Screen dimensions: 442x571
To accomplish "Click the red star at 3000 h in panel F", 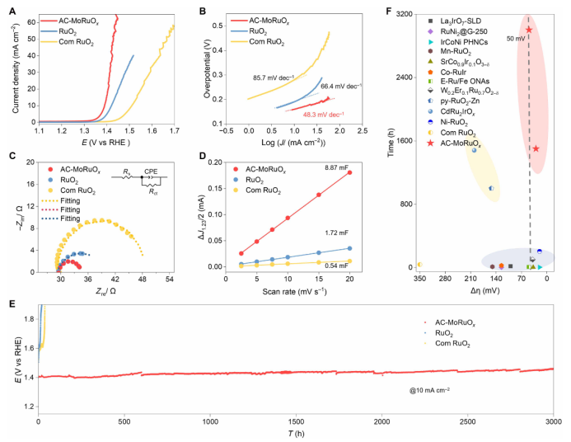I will click(x=528, y=30).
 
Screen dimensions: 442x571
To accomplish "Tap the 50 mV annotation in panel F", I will click(x=516, y=38).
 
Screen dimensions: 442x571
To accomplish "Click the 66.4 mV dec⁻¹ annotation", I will click(x=344, y=86).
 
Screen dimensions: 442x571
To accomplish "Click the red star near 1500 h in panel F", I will click(x=536, y=148).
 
